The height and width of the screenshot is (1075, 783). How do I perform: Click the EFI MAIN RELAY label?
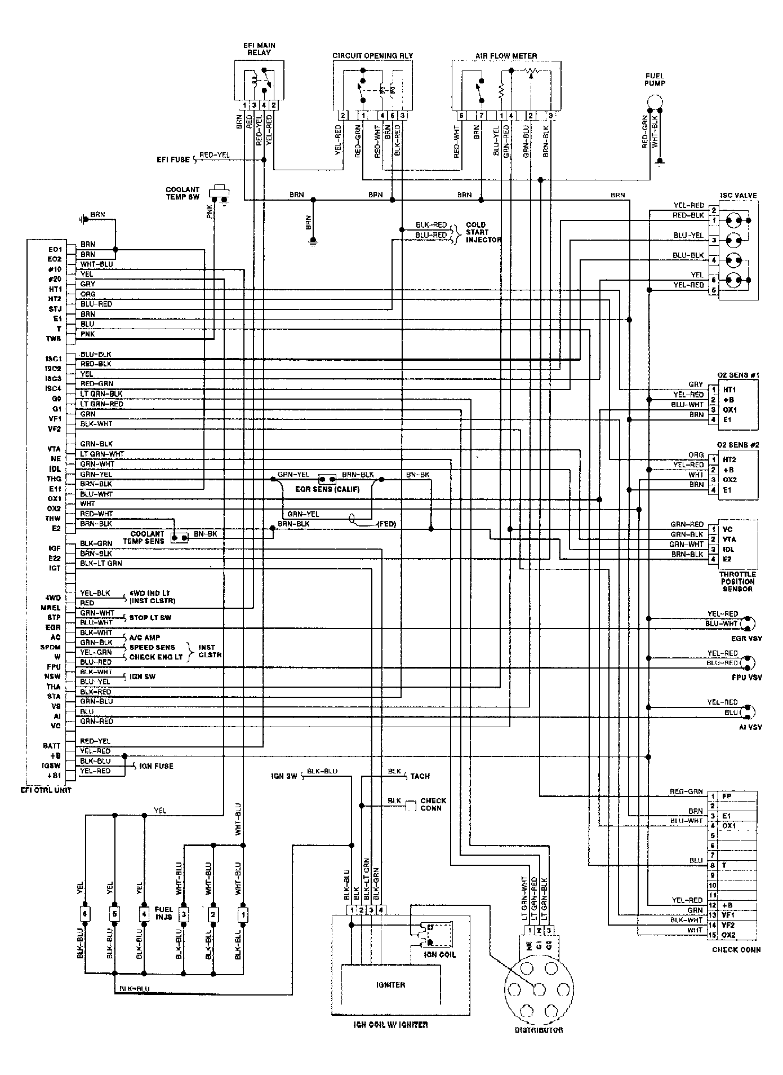tap(259, 49)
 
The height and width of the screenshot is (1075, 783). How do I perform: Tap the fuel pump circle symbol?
tap(655, 101)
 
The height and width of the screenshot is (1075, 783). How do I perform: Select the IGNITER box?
tap(390, 985)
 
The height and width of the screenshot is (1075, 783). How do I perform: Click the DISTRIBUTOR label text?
tap(539, 1029)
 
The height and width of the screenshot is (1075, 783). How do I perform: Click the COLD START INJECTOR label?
tap(483, 232)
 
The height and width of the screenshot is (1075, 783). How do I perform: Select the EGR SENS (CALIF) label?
tap(327, 489)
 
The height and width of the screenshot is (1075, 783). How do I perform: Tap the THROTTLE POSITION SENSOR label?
tap(737, 581)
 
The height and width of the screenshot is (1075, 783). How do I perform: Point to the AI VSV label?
tap(750, 727)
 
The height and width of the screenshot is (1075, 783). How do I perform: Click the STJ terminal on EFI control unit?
tap(55, 309)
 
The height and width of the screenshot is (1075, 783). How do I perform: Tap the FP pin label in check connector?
tap(726, 797)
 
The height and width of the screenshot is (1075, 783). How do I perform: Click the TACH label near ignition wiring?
tap(420, 776)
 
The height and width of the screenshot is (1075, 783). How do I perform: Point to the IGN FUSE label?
tap(155, 766)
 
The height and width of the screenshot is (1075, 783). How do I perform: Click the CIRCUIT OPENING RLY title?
tap(372, 56)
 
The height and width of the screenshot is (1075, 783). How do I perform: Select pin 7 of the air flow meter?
tap(481, 116)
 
